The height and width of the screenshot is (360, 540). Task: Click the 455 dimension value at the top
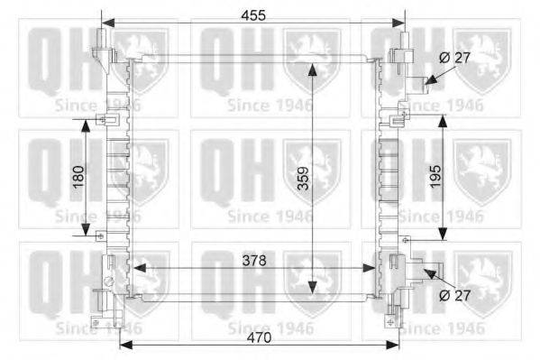(253, 15)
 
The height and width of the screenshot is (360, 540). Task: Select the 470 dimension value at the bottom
(259, 337)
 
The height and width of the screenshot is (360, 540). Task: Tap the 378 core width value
(254, 261)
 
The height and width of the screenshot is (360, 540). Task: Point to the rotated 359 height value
(304, 179)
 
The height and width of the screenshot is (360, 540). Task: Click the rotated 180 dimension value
(78, 177)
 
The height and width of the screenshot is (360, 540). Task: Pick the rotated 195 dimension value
(435, 176)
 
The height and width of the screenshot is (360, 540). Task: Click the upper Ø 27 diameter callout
(455, 58)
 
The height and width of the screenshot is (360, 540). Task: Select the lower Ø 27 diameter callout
(455, 295)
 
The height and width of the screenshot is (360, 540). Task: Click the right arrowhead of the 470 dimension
(392, 346)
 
